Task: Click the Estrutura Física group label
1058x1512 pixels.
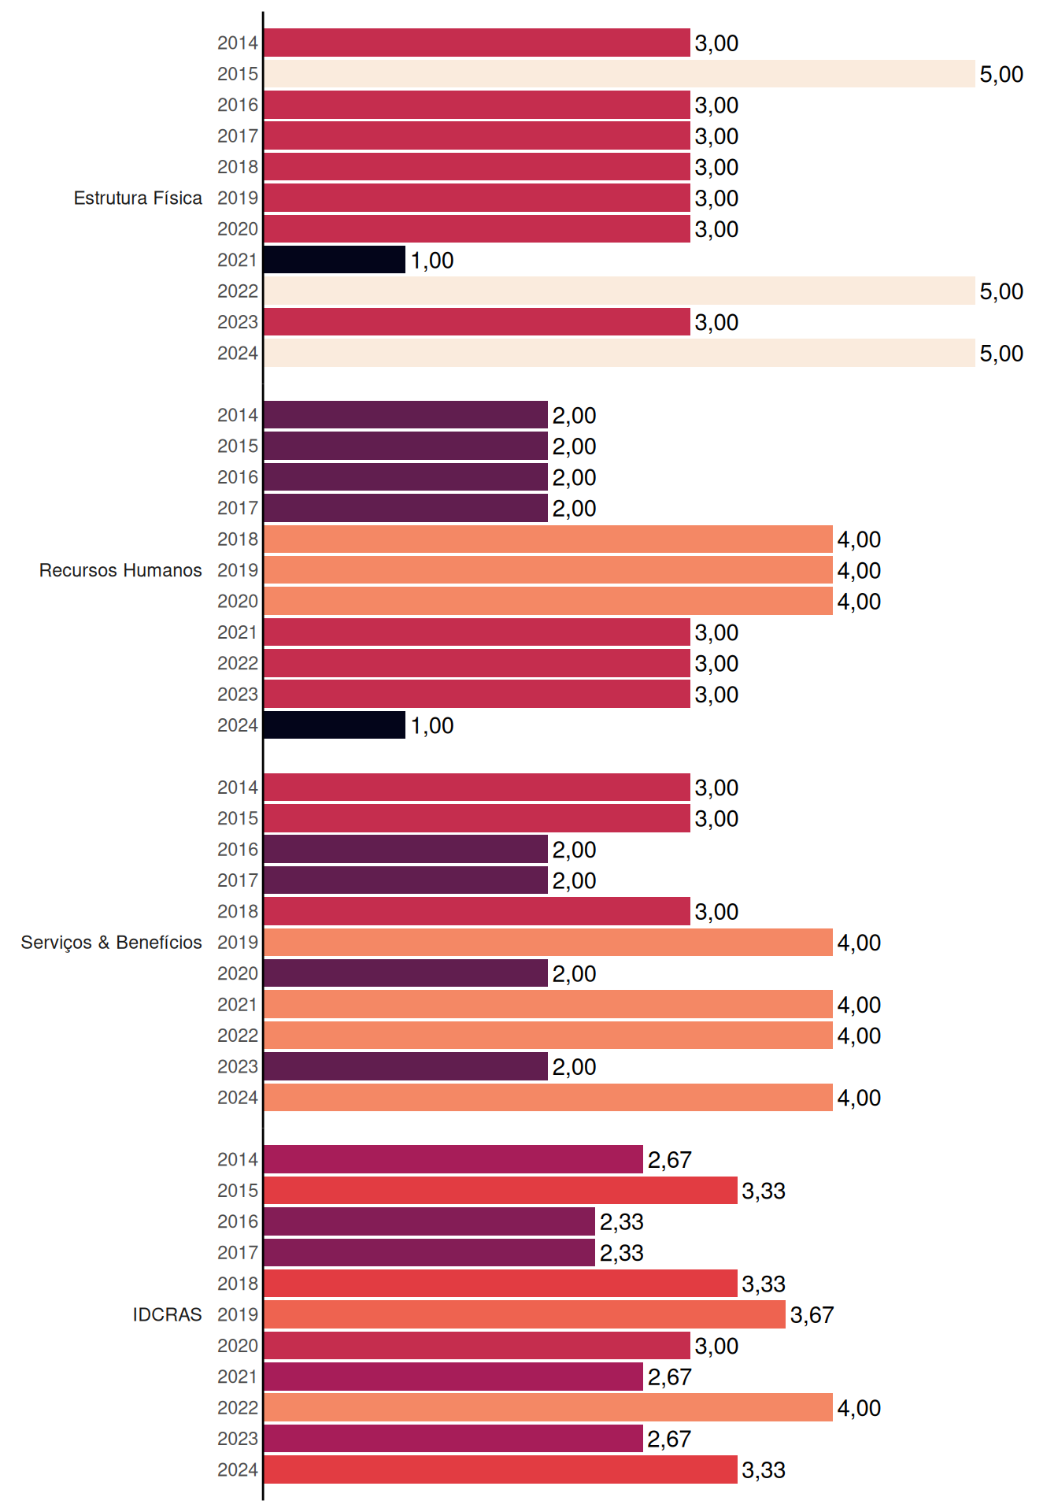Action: (138, 198)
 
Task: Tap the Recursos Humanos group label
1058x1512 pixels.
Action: (120, 570)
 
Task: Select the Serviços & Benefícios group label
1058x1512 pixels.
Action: (111, 943)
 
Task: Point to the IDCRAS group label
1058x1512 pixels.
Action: (167, 1314)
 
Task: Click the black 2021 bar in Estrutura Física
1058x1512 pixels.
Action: (335, 260)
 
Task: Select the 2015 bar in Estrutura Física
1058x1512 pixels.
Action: (620, 74)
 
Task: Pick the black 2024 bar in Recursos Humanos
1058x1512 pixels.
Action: (335, 725)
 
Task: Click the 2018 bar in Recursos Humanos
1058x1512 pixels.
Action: (549, 539)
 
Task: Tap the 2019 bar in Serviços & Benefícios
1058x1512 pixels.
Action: (549, 943)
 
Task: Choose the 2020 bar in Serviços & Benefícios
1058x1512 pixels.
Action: (406, 973)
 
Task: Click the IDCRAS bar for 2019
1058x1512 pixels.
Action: (525, 1314)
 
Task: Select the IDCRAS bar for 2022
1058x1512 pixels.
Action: (549, 1407)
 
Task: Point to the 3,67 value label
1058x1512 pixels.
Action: (812, 1315)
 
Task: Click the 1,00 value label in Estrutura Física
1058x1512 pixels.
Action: (432, 261)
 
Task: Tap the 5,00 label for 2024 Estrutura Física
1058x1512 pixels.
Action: (1001, 354)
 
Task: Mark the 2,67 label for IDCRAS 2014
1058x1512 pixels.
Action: (669, 1160)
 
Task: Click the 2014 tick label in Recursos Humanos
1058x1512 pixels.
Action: (238, 415)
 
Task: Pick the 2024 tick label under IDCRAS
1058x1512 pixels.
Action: (238, 1469)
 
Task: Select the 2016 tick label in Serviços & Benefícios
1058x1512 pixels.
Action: (238, 850)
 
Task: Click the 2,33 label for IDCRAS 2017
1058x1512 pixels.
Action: (622, 1253)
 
